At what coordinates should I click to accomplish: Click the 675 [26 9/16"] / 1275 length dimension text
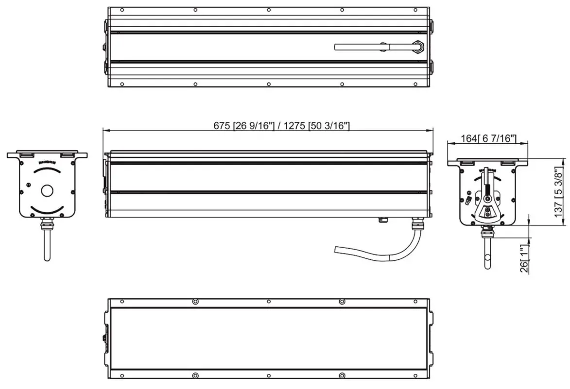coord(282,125)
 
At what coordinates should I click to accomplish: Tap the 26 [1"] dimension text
coord(524,260)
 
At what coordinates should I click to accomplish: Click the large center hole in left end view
coord(47,191)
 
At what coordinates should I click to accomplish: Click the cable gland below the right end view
coord(487,232)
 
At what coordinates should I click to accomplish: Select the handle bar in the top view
coord(360,47)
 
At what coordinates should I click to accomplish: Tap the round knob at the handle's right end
coord(418,47)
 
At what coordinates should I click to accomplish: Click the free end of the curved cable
coord(337,250)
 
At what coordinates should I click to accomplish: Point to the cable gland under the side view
coord(416,225)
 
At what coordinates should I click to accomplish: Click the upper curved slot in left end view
coord(47,171)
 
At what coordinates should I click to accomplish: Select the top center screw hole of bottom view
coord(268,302)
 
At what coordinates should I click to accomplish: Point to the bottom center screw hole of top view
coord(268,84)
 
